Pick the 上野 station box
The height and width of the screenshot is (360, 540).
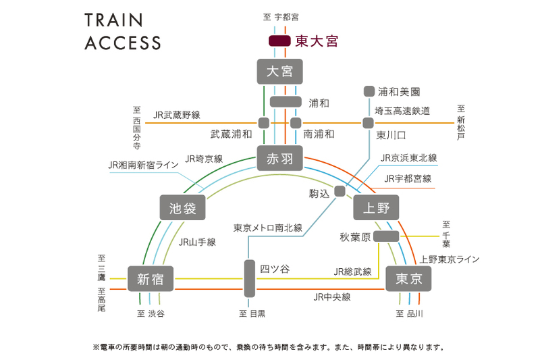[x=376, y=208]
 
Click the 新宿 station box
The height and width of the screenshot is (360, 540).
[x=151, y=278]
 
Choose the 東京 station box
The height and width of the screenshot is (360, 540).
[x=408, y=278]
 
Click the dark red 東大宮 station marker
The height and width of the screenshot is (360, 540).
[x=279, y=41]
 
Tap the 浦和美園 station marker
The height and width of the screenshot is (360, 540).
[x=369, y=91]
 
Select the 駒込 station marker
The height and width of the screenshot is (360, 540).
[x=340, y=191]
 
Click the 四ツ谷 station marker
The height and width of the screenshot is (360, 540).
[x=249, y=278]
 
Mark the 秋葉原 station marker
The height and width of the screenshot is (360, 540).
[x=386, y=236]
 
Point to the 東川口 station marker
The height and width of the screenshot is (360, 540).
[x=368, y=123]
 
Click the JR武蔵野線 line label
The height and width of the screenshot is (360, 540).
[x=176, y=115]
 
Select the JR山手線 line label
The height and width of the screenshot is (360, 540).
[x=197, y=242]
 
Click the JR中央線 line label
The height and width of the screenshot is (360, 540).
[x=331, y=297]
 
